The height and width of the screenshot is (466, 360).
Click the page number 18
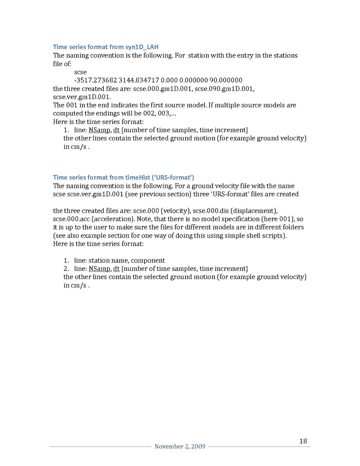point(303,441)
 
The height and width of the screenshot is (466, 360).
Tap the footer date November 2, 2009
point(180,447)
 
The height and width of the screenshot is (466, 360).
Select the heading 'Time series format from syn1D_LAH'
point(106,47)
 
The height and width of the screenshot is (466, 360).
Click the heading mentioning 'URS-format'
point(124,177)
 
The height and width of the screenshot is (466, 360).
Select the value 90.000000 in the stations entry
point(226,80)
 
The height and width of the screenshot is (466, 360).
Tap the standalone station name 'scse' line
point(80,72)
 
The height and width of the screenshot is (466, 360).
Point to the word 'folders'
point(292,227)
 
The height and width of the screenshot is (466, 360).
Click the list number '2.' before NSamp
point(66,269)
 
